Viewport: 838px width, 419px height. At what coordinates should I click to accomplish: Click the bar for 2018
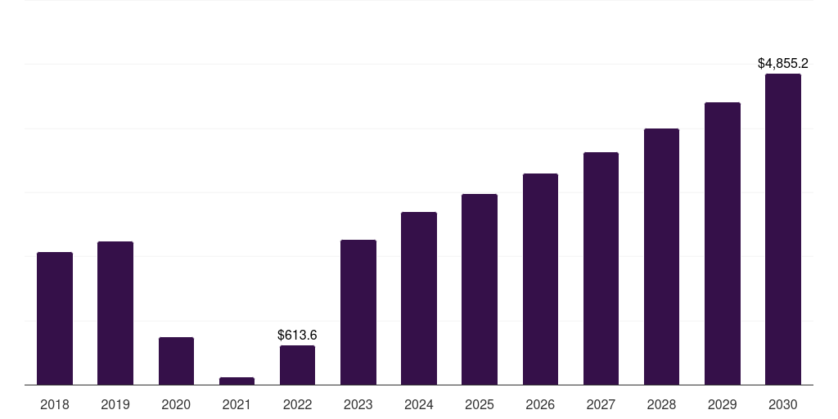tap(55, 318)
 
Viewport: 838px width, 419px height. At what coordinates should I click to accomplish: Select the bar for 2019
tap(115, 313)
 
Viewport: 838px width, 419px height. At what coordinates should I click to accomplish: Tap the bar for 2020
tap(176, 361)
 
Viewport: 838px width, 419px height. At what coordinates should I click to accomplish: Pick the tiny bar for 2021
tap(237, 381)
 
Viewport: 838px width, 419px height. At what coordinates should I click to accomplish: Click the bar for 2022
tap(297, 365)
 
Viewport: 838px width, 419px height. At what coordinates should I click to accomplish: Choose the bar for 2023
tap(358, 312)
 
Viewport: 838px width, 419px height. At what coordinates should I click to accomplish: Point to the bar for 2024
tap(419, 298)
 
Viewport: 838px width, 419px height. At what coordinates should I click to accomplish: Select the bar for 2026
tap(540, 279)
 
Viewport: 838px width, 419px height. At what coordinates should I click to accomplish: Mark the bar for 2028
tap(661, 256)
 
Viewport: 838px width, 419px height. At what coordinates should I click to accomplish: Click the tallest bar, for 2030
tap(782, 229)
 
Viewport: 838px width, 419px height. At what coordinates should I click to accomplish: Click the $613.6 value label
tap(297, 335)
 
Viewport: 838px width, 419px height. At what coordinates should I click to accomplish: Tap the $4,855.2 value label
tap(782, 63)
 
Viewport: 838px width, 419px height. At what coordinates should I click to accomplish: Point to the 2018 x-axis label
tap(55, 404)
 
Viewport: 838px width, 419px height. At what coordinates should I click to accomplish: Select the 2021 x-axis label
tap(237, 404)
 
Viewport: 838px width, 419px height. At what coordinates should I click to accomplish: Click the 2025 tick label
tap(480, 404)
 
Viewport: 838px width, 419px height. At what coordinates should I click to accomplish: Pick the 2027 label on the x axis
tap(601, 404)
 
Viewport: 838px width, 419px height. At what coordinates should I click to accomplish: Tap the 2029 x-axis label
tap(722, 404)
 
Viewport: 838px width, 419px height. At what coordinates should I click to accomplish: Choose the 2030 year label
tap(782, 404)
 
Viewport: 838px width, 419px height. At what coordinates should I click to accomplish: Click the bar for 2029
tap(722, 243)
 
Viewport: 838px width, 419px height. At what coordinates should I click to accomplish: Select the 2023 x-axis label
tap(358, 404)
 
